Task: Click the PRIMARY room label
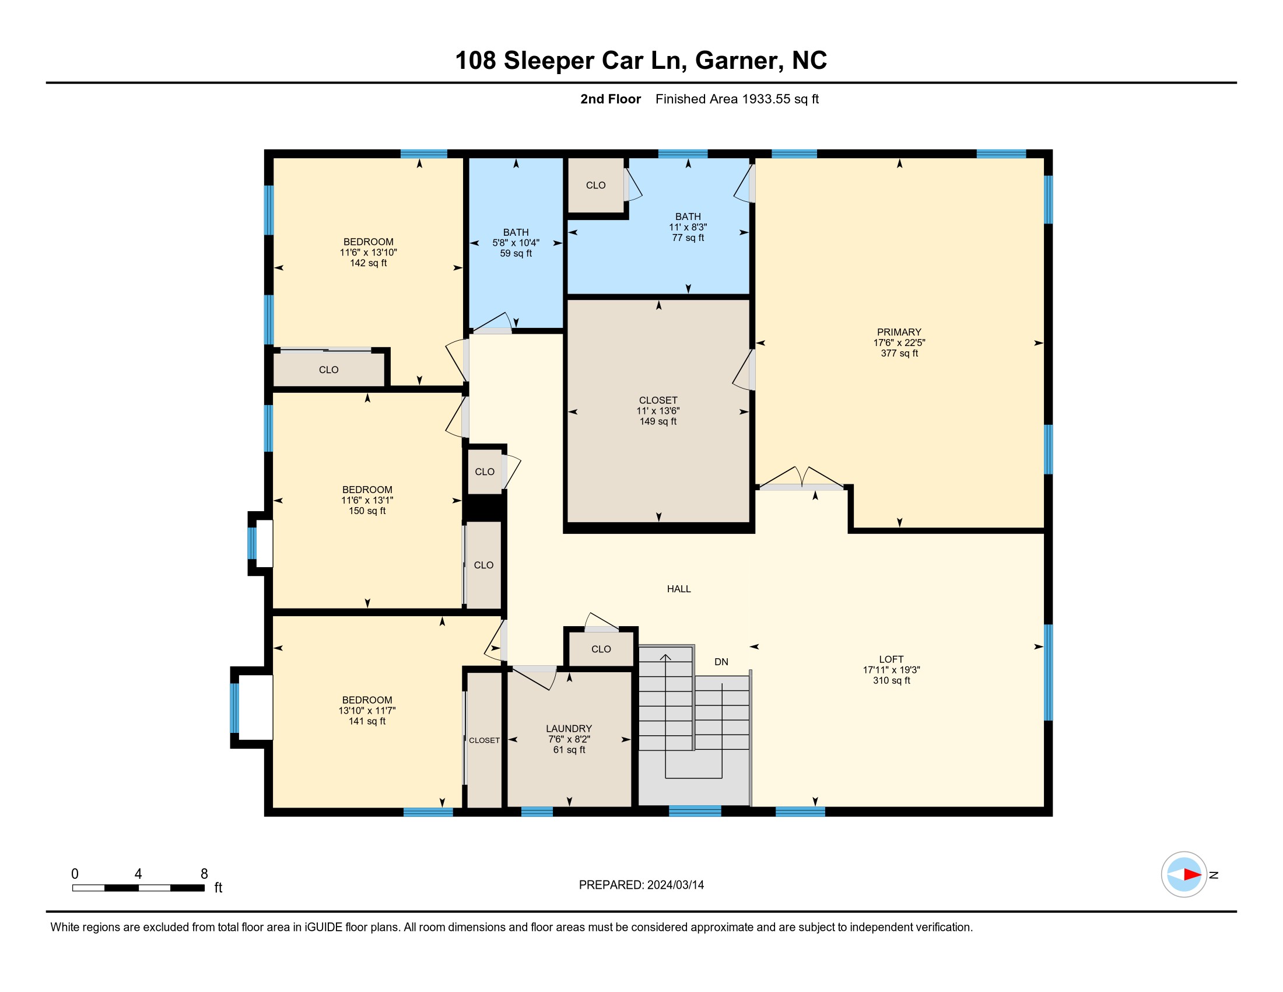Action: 899,332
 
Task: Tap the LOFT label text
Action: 891,659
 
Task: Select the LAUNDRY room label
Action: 569,729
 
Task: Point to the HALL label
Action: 678,589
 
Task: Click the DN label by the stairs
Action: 721,662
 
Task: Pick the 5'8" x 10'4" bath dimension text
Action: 516,243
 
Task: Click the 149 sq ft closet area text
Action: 658,421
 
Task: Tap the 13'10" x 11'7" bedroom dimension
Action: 367,711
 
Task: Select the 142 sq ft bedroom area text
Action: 369,263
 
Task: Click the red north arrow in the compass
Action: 1192,875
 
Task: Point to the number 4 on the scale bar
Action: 138,874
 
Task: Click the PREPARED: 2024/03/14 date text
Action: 641,885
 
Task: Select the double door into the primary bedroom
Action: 802,478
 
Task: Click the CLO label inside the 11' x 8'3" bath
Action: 595,185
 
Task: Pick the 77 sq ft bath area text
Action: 688,237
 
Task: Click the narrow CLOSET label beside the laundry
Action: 484,740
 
